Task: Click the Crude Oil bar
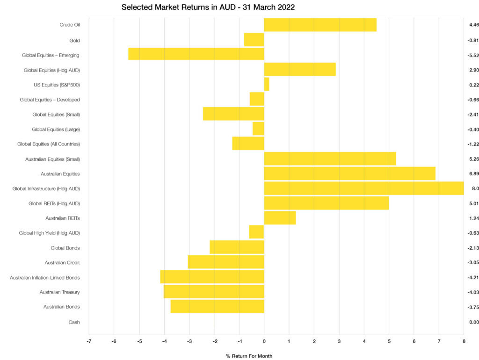tap(320, 25)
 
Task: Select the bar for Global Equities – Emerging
tap(196, 55)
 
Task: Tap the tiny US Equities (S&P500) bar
tap(267, 84)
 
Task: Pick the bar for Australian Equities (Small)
tap(330, 159)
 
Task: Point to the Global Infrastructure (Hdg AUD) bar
tap(364, 188)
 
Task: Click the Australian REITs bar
tap(280, 218)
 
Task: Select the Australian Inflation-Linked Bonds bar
tap(212, 277)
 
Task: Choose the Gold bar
tap(254, 40)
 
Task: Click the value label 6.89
tap(474, 174)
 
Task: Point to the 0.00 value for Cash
tap(474, 322)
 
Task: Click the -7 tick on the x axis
tap(89, 341)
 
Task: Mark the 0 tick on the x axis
tap(264, 341)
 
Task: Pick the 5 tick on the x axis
tap(389, 341)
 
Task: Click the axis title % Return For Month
tap(249, 356)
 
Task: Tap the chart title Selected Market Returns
tap(208, 7)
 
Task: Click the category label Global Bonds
tap(65, 248)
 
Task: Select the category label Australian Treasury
tap(59, 292)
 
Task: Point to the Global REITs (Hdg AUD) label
tap(54, 203)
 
